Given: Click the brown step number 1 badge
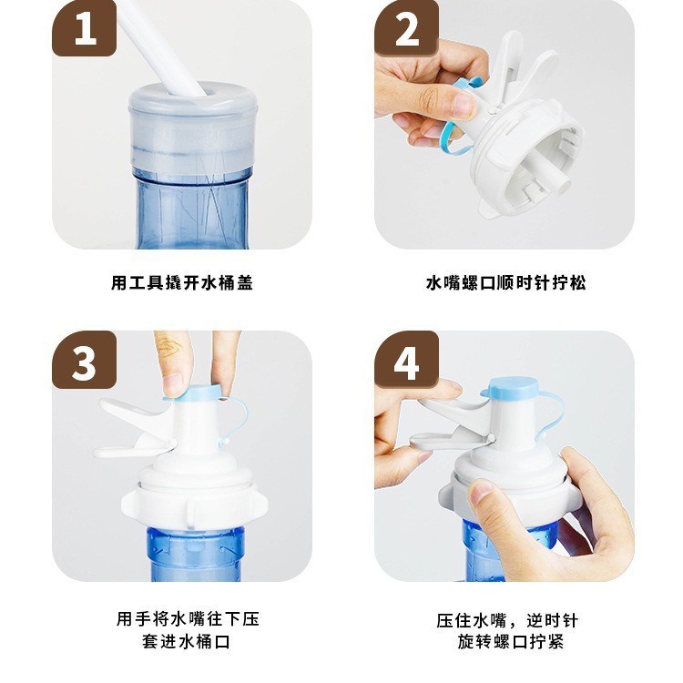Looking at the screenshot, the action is click(85, 28).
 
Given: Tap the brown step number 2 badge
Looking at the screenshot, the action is click(406, 28).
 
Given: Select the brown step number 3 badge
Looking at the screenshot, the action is click(85, 360).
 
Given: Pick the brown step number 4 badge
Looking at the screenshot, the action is click(406, 360).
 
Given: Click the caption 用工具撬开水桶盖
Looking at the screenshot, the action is click(181, 282).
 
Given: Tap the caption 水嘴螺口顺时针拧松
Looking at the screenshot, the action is click(505, 282).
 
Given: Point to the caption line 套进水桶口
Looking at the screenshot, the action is click(186, 642).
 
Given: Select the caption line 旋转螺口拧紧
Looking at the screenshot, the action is click(511, 642).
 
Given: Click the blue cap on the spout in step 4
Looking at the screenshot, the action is click(512, 389).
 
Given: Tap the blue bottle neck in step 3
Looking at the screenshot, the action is click(196, 554).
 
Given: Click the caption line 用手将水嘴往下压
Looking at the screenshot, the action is click(188, 619).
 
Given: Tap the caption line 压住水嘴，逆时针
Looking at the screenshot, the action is click(507, 620).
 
